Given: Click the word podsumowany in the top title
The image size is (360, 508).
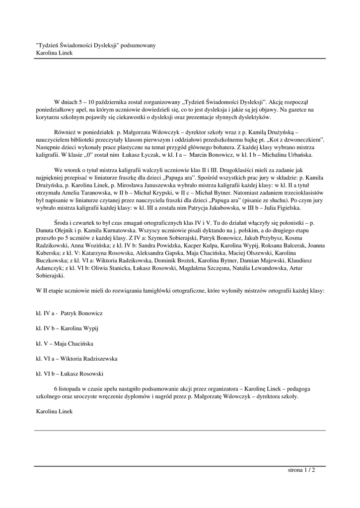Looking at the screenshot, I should (139, 45).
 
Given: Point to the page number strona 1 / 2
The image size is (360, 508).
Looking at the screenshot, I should (301, 469).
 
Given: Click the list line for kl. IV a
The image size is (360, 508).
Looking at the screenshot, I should (70, 314).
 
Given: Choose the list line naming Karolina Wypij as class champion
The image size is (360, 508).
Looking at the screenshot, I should (68, 328).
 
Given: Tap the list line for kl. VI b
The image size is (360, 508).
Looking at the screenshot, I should (70, 373).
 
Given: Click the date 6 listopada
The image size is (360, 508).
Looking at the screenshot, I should (70, 389).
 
